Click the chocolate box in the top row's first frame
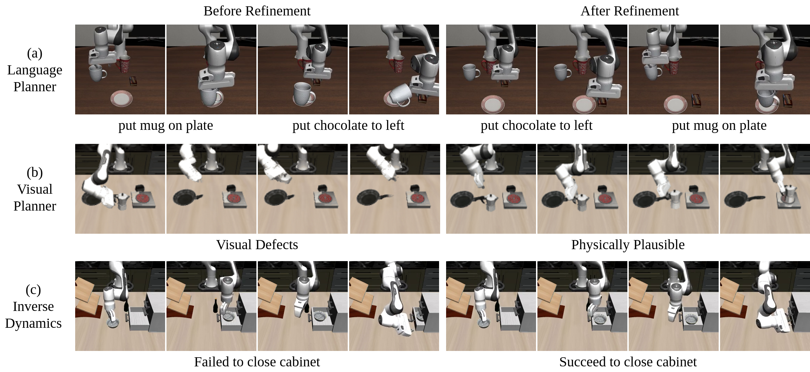(134, 81)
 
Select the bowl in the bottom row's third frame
(320, 317)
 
